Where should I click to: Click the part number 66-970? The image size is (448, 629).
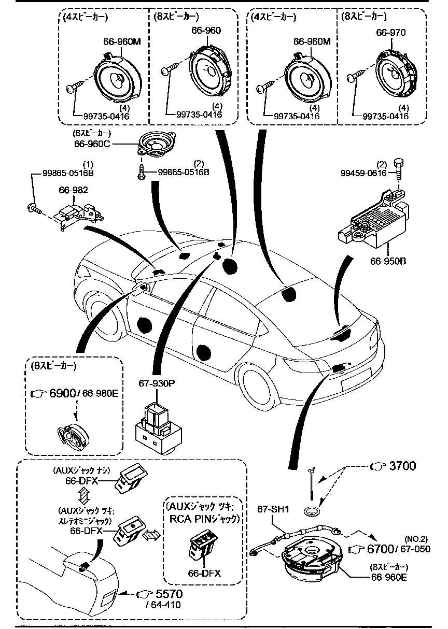(x=390, y=33)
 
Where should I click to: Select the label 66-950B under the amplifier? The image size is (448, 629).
(x=387, y=261)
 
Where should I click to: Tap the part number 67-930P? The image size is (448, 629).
(x=157, y=383)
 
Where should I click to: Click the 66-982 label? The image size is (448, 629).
(x=73, y=190)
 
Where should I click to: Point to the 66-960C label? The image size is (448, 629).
(x=92, y=144)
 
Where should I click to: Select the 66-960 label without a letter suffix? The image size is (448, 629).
(x=205, y=31)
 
